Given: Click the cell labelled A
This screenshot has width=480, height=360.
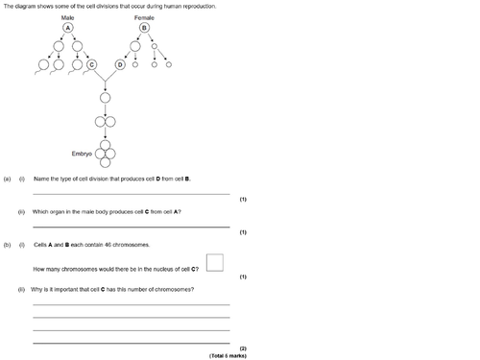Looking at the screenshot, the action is click(x=67, y=28).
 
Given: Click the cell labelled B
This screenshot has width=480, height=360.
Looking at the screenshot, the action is click(x=144, y=28).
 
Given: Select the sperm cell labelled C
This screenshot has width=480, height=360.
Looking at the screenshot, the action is click(x=106, y=65).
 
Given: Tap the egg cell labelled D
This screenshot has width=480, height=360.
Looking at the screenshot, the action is click(x=121, y=65).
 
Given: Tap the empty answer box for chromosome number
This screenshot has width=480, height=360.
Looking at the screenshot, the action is click(x=215, y=262).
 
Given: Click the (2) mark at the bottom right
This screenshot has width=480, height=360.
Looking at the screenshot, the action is click(x=243, y=348).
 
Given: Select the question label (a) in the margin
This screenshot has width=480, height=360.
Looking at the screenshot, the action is click(x=7, y=179).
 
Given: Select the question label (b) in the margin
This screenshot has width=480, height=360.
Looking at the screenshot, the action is click(x=7, y=245).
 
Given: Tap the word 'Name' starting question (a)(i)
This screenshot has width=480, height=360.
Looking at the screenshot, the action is click(x=39, y=179).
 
